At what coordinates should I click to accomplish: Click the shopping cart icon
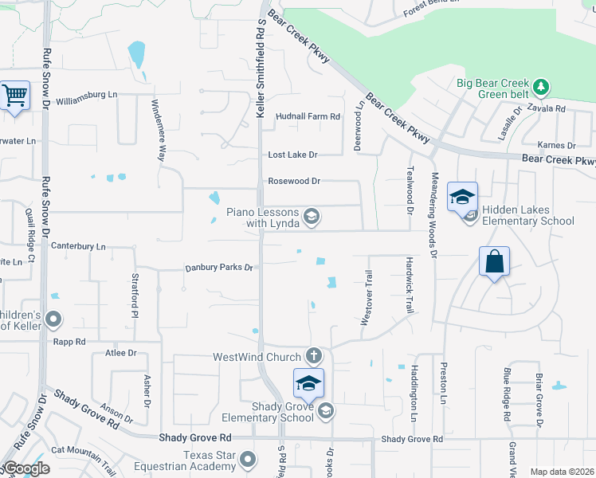coord(15,96)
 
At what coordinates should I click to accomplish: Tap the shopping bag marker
coord(494,261)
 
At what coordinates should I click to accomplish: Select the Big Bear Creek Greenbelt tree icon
coord(541,85)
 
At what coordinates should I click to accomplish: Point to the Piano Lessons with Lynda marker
coord(312,216)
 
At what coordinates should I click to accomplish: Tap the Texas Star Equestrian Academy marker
coord(249,459)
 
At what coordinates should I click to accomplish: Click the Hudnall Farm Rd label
coord(308,116)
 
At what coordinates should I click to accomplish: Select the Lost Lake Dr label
coord(292,155)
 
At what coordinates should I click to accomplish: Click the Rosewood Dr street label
coord(294,181)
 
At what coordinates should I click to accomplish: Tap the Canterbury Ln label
coord(78,247)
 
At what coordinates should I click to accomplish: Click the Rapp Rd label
coord(69,342)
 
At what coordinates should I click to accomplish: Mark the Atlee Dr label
coord(121,352)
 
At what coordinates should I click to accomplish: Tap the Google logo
coord(26,468)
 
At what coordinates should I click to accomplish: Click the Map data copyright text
coord(562,472)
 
